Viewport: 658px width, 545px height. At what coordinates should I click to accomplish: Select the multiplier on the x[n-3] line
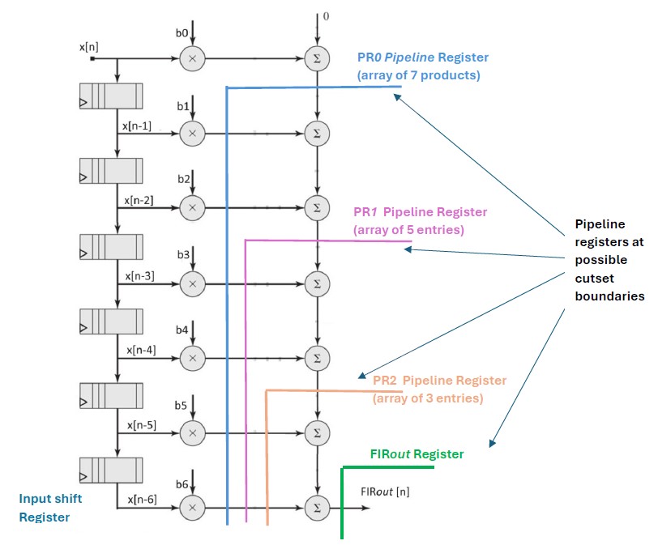tap(193, 283)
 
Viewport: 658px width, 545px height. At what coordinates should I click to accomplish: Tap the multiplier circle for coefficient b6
tap(193, 508)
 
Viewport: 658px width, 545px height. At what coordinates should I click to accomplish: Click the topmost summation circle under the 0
tap(317, 58)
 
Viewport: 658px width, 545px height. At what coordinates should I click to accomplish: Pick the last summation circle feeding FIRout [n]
tap(317, 508)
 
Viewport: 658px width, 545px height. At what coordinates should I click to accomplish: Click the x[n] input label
tap(90, 47)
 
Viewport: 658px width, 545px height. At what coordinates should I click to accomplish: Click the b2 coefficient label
tap(184, 178)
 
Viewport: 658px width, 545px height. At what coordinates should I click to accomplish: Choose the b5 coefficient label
tap(184, 403)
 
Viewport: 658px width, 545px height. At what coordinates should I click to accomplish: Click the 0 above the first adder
tap(326, 15)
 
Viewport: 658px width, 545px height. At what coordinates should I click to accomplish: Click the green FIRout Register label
tap(417, 454)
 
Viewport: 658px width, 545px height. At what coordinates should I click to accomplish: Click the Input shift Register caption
tap(45, 508)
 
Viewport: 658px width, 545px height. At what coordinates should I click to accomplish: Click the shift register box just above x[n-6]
tap(111, 470)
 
